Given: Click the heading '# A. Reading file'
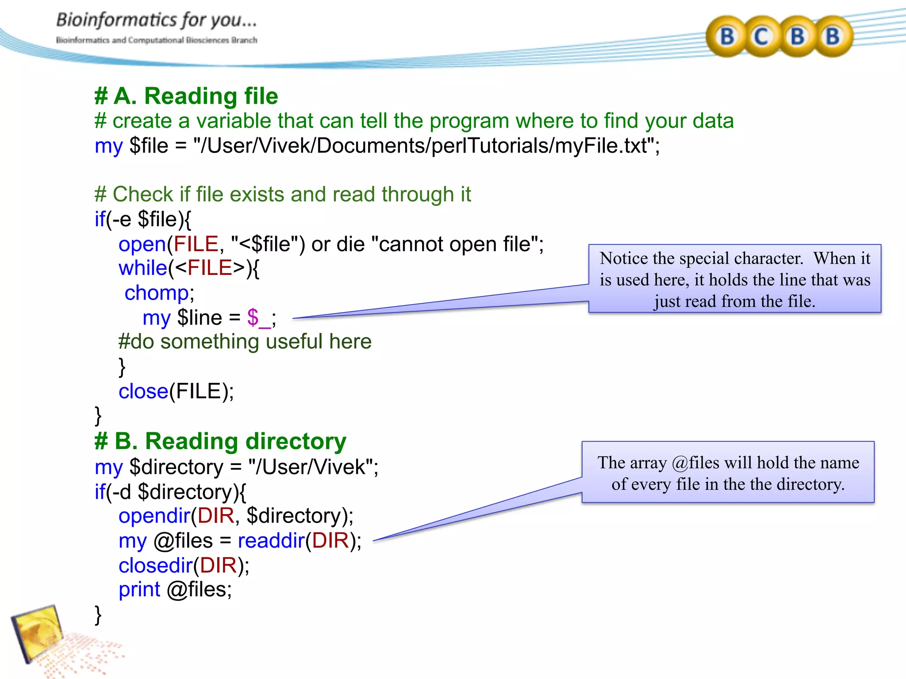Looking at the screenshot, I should click(186, 96).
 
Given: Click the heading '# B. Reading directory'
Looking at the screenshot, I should click(220, 441).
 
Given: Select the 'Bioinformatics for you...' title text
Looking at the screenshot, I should click(156, 20).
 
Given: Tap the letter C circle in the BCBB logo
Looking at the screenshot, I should click(761, 36).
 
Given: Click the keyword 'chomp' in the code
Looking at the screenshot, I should click(157, 293).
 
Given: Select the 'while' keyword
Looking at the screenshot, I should click(142, 268).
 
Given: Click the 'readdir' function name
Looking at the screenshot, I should click(271, 541).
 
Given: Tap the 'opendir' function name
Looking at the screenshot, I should click(154, 516).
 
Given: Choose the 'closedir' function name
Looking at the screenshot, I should click(155, 565).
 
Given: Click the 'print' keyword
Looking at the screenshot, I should click(139, 589).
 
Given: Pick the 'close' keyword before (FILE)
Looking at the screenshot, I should click(143, 392).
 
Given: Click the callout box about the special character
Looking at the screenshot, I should click(735, 279).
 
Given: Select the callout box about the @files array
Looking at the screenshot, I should click(728, 473).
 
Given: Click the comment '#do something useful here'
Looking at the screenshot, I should click(245, 342).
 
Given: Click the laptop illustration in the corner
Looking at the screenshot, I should click(38, 632).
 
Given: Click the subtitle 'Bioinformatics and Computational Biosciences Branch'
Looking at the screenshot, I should click(156, 40).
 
